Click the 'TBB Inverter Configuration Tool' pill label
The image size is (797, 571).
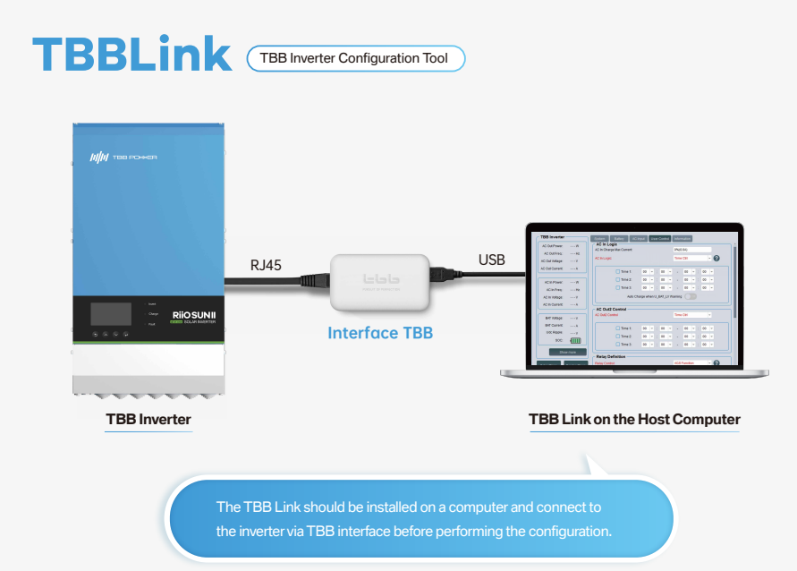coord(355,58)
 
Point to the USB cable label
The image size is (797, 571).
coord(491,260)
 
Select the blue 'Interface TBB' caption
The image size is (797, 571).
coord(380,333)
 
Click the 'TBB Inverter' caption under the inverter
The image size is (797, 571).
coord(148,418)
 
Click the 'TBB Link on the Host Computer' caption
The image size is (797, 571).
coord(634,419)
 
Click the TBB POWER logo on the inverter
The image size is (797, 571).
coord(124,157)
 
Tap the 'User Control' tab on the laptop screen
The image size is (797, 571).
coord(658,238)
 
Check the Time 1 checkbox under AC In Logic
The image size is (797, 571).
coord(616,271)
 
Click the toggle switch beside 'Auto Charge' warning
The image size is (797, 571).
coord(691,295)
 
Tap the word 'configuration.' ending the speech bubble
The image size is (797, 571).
coord(569,531)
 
